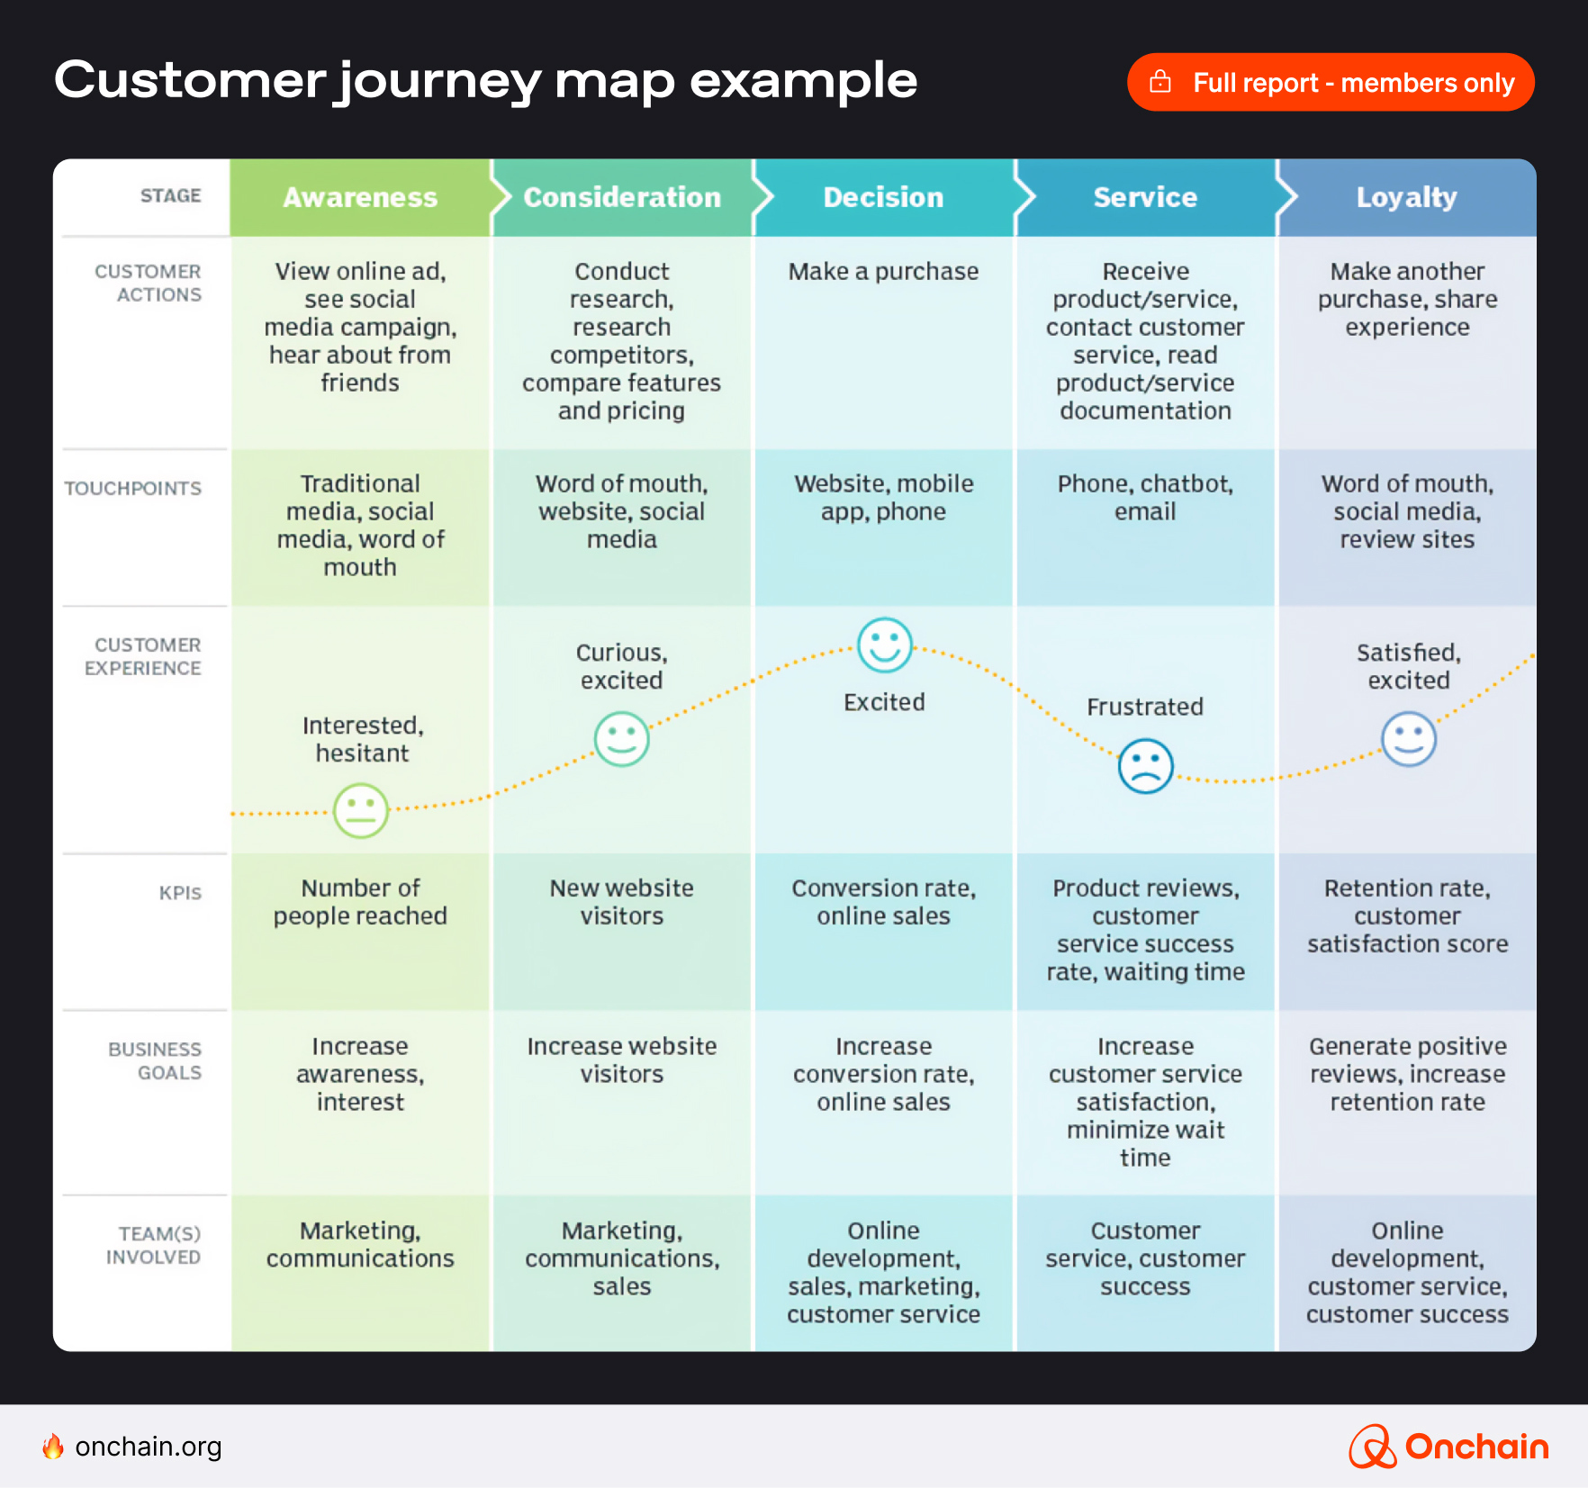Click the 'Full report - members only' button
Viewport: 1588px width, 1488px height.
[1330, 83]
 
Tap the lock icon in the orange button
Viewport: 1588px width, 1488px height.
[1160, 82]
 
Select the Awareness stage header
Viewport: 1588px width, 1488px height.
[360, 197]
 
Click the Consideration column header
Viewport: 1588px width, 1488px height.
[622, 197]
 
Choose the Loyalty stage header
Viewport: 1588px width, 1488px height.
[1406, 197]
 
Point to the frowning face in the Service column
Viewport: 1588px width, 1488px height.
[1145, 766]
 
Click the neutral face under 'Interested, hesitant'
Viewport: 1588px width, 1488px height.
[361, 810]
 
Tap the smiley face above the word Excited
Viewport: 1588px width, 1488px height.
[884, 645]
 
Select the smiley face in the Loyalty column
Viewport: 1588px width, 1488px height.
[1408, 739]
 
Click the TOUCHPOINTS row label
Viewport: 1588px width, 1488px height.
[133, 489]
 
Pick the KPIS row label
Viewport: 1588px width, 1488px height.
[180, 893]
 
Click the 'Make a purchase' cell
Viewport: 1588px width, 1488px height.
[883, 272]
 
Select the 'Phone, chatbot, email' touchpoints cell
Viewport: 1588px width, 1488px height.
[1145, 498]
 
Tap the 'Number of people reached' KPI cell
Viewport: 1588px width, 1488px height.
[360, 902]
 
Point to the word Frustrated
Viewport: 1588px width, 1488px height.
[1144, 707]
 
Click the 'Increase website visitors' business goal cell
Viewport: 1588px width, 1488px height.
[622, 1060]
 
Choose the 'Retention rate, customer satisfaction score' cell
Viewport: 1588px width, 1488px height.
[1407, 915]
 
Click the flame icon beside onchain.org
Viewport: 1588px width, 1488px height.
[53, 1447]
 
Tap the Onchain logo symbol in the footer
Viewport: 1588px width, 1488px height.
[1371, 1447]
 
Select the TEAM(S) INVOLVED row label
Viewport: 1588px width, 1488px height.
[153, 1245]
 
